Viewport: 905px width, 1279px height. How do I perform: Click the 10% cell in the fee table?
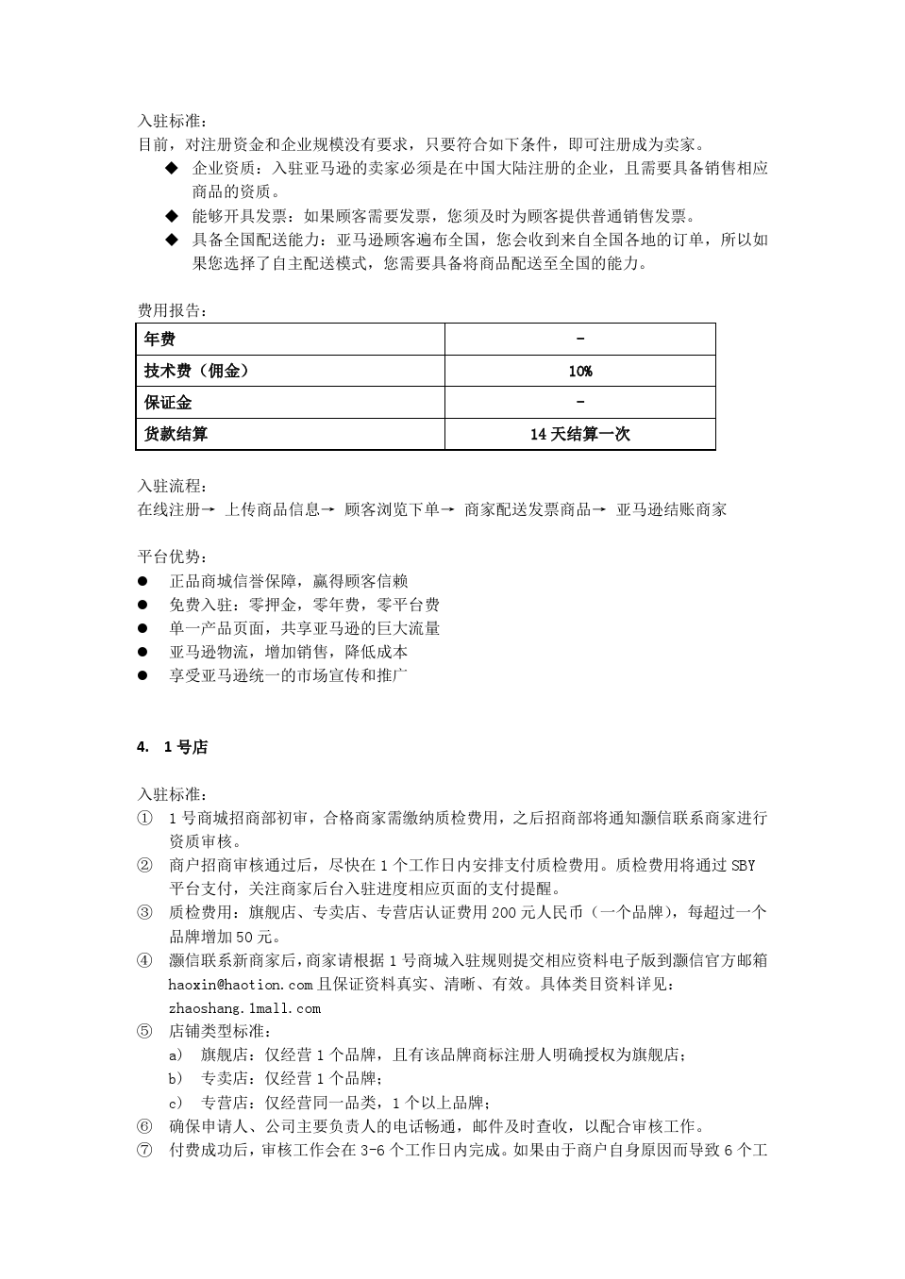[579, 371]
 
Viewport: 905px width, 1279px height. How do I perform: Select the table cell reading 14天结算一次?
[579, 434]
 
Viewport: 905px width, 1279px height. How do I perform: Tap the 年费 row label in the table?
[159, 340]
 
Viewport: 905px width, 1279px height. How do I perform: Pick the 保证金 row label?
[168, 403]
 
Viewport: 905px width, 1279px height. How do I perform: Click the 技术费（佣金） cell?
[196, 371]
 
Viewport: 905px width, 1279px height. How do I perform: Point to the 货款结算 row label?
[176, 434]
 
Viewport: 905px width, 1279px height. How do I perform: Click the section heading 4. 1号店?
[172, 747]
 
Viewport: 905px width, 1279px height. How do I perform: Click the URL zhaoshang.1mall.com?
[244, 1008]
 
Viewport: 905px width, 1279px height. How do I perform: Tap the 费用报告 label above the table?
[172, 310]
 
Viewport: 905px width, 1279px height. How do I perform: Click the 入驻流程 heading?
[172, 486]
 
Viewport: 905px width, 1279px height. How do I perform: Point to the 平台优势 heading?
[172, 556]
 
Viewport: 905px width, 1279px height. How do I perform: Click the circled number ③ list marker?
[144, 912]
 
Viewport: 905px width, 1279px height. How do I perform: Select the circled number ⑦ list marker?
[144, 1150]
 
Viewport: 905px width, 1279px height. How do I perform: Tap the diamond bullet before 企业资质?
[172, 168]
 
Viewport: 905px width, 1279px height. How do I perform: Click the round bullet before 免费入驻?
[143, 605]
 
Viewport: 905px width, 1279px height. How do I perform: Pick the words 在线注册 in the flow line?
[169, 509]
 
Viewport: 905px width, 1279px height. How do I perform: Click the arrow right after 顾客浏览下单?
[447, 509]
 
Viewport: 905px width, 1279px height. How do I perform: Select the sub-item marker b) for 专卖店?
[176, 1078]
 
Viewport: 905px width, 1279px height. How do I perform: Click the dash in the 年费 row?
[579, 339]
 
